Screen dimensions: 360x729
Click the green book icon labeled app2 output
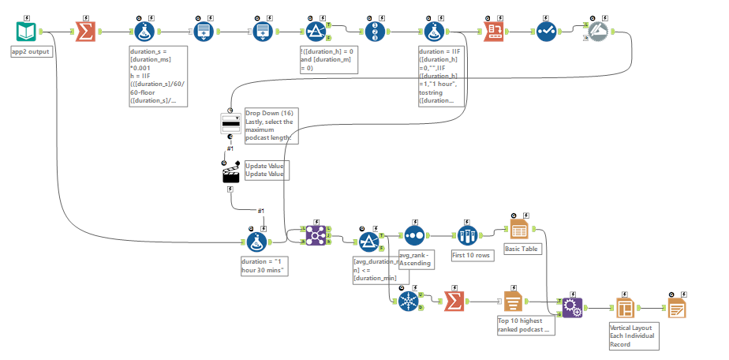click(x=27, y=32)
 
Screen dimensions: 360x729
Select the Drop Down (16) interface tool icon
click(x=230, y=124)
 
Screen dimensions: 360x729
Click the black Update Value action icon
click(x=230, y=174)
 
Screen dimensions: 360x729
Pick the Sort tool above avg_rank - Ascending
click(x=415, y=234)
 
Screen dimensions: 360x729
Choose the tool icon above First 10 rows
click(x=468, y=234)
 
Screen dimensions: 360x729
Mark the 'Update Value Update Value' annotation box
click(x=264, y=170)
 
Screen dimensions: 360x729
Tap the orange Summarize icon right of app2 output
click(x=85, y=32)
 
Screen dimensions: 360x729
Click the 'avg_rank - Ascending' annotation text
click(x=415, y=259)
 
